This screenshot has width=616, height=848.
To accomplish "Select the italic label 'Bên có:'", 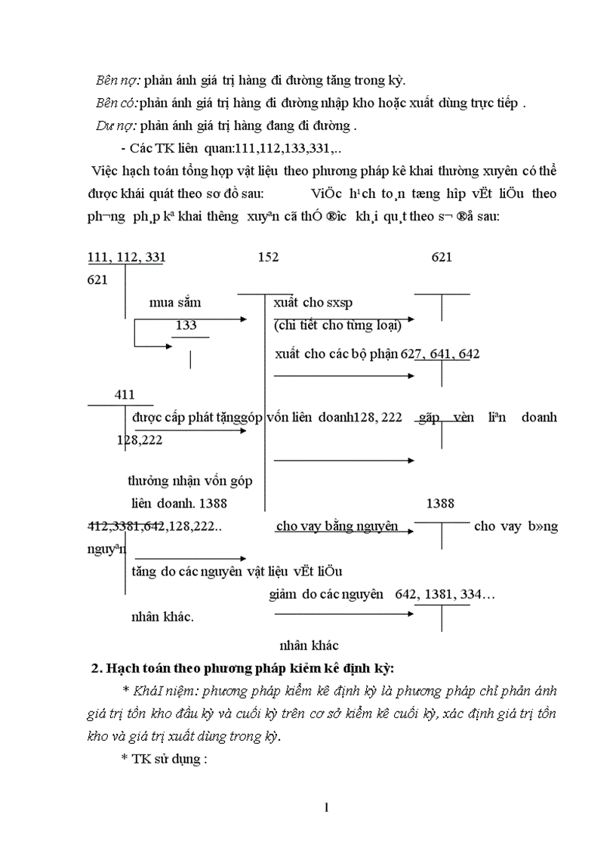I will [x=117, y=103].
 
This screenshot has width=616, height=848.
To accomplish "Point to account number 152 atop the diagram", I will [x=268, y=257].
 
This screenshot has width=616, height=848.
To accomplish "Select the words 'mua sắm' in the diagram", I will [x=175, y=303].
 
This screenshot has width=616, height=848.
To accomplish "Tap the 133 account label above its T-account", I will [x=186, y=325].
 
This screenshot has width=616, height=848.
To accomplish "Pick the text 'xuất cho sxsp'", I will [x=313, y=303].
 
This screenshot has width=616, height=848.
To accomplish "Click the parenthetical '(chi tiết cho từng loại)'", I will [x=337, y=325].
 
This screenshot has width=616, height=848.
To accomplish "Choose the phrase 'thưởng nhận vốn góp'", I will [x=190, y=481].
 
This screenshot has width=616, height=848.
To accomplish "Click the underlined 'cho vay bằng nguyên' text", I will [x=337, y=526].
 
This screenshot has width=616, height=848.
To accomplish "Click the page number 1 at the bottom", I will [x=326, y=809].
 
